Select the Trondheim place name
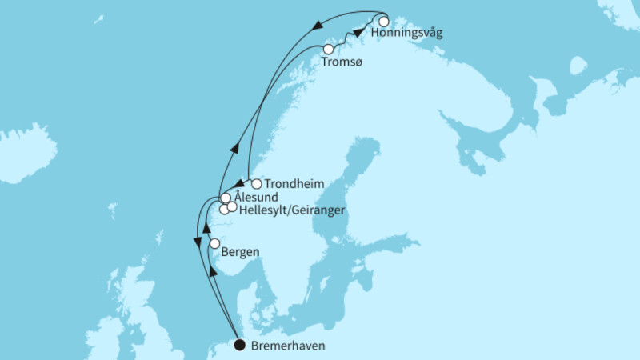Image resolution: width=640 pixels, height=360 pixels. (294, 184)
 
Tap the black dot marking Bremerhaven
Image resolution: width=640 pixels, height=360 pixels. (239, 346)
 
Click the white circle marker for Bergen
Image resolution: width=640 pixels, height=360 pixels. (214, 243)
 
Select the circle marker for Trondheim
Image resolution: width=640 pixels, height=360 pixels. (256, 183)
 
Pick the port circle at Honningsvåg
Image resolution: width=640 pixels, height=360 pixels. (384, 22)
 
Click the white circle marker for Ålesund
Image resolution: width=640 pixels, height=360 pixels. (226, 198)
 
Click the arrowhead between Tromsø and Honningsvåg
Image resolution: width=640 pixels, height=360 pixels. (358, 33)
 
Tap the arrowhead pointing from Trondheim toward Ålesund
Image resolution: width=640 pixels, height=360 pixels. (238, 185)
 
